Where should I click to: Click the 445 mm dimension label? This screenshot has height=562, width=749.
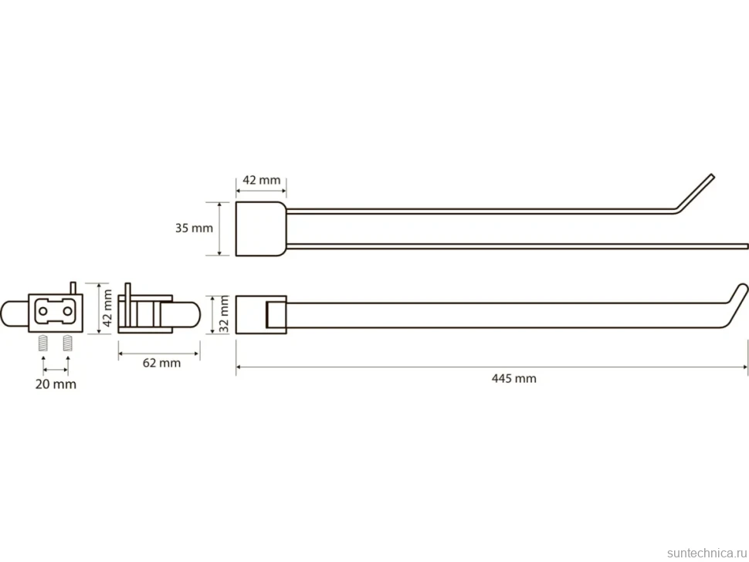pyautogui.click(x=514, y=378)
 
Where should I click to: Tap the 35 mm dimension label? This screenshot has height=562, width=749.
pyautogui.click(x=194, y=229)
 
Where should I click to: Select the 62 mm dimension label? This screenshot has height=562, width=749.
pyautogui.click(x=161, y=363)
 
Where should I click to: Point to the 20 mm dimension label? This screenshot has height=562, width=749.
pyautogui.click(x=56, y=384)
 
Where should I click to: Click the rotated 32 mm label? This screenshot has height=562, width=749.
pyautogui.click(x=224, y=314)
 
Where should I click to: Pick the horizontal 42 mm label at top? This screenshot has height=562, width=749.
pyautogui.click(x=261, y=180)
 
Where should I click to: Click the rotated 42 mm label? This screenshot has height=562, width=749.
pyautogui.click(x=107, y=308)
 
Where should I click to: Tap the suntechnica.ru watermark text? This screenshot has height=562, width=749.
pyautogui.click(x=707, y=553)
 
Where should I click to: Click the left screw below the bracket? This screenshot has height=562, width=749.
pyautogui.click(x=43, y=343)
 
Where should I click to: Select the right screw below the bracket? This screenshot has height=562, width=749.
pyautogui.click(x=67, y=343)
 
